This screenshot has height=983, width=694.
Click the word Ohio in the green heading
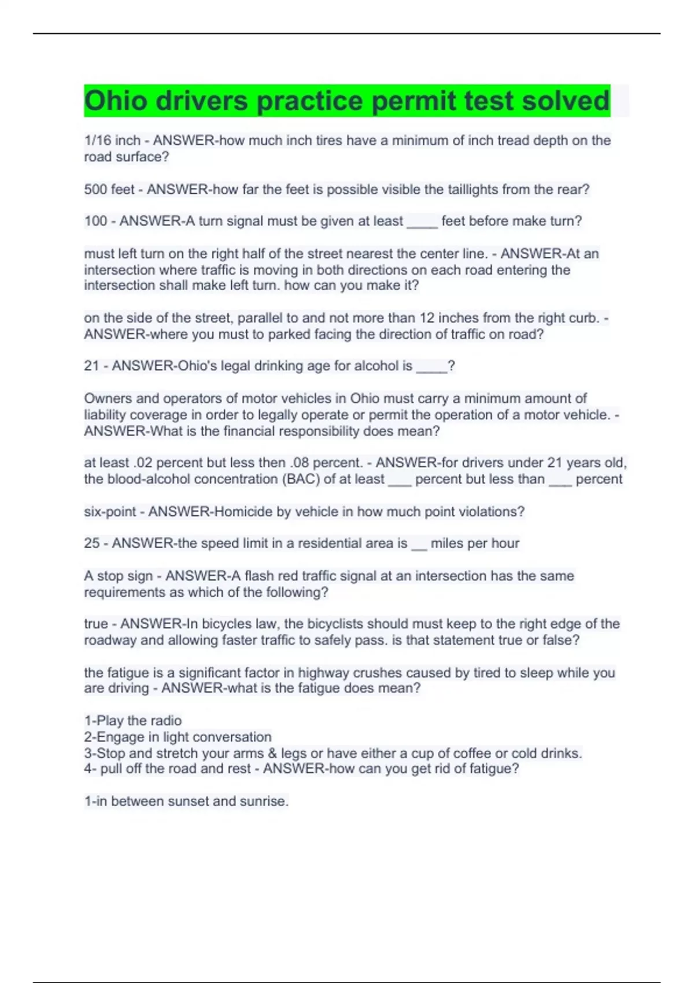click(x=116, y=101)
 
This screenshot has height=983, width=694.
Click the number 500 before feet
click(x=96, y=190)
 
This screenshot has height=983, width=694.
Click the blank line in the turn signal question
click(x=422, y=222)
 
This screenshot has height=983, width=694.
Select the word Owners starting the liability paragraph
click(x=107, y=398)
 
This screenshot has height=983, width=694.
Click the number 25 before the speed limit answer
click(x=92, y=544)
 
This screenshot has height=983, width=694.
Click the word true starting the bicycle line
click(x=96, y=624)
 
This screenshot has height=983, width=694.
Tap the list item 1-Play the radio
click(x=133, y=721)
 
